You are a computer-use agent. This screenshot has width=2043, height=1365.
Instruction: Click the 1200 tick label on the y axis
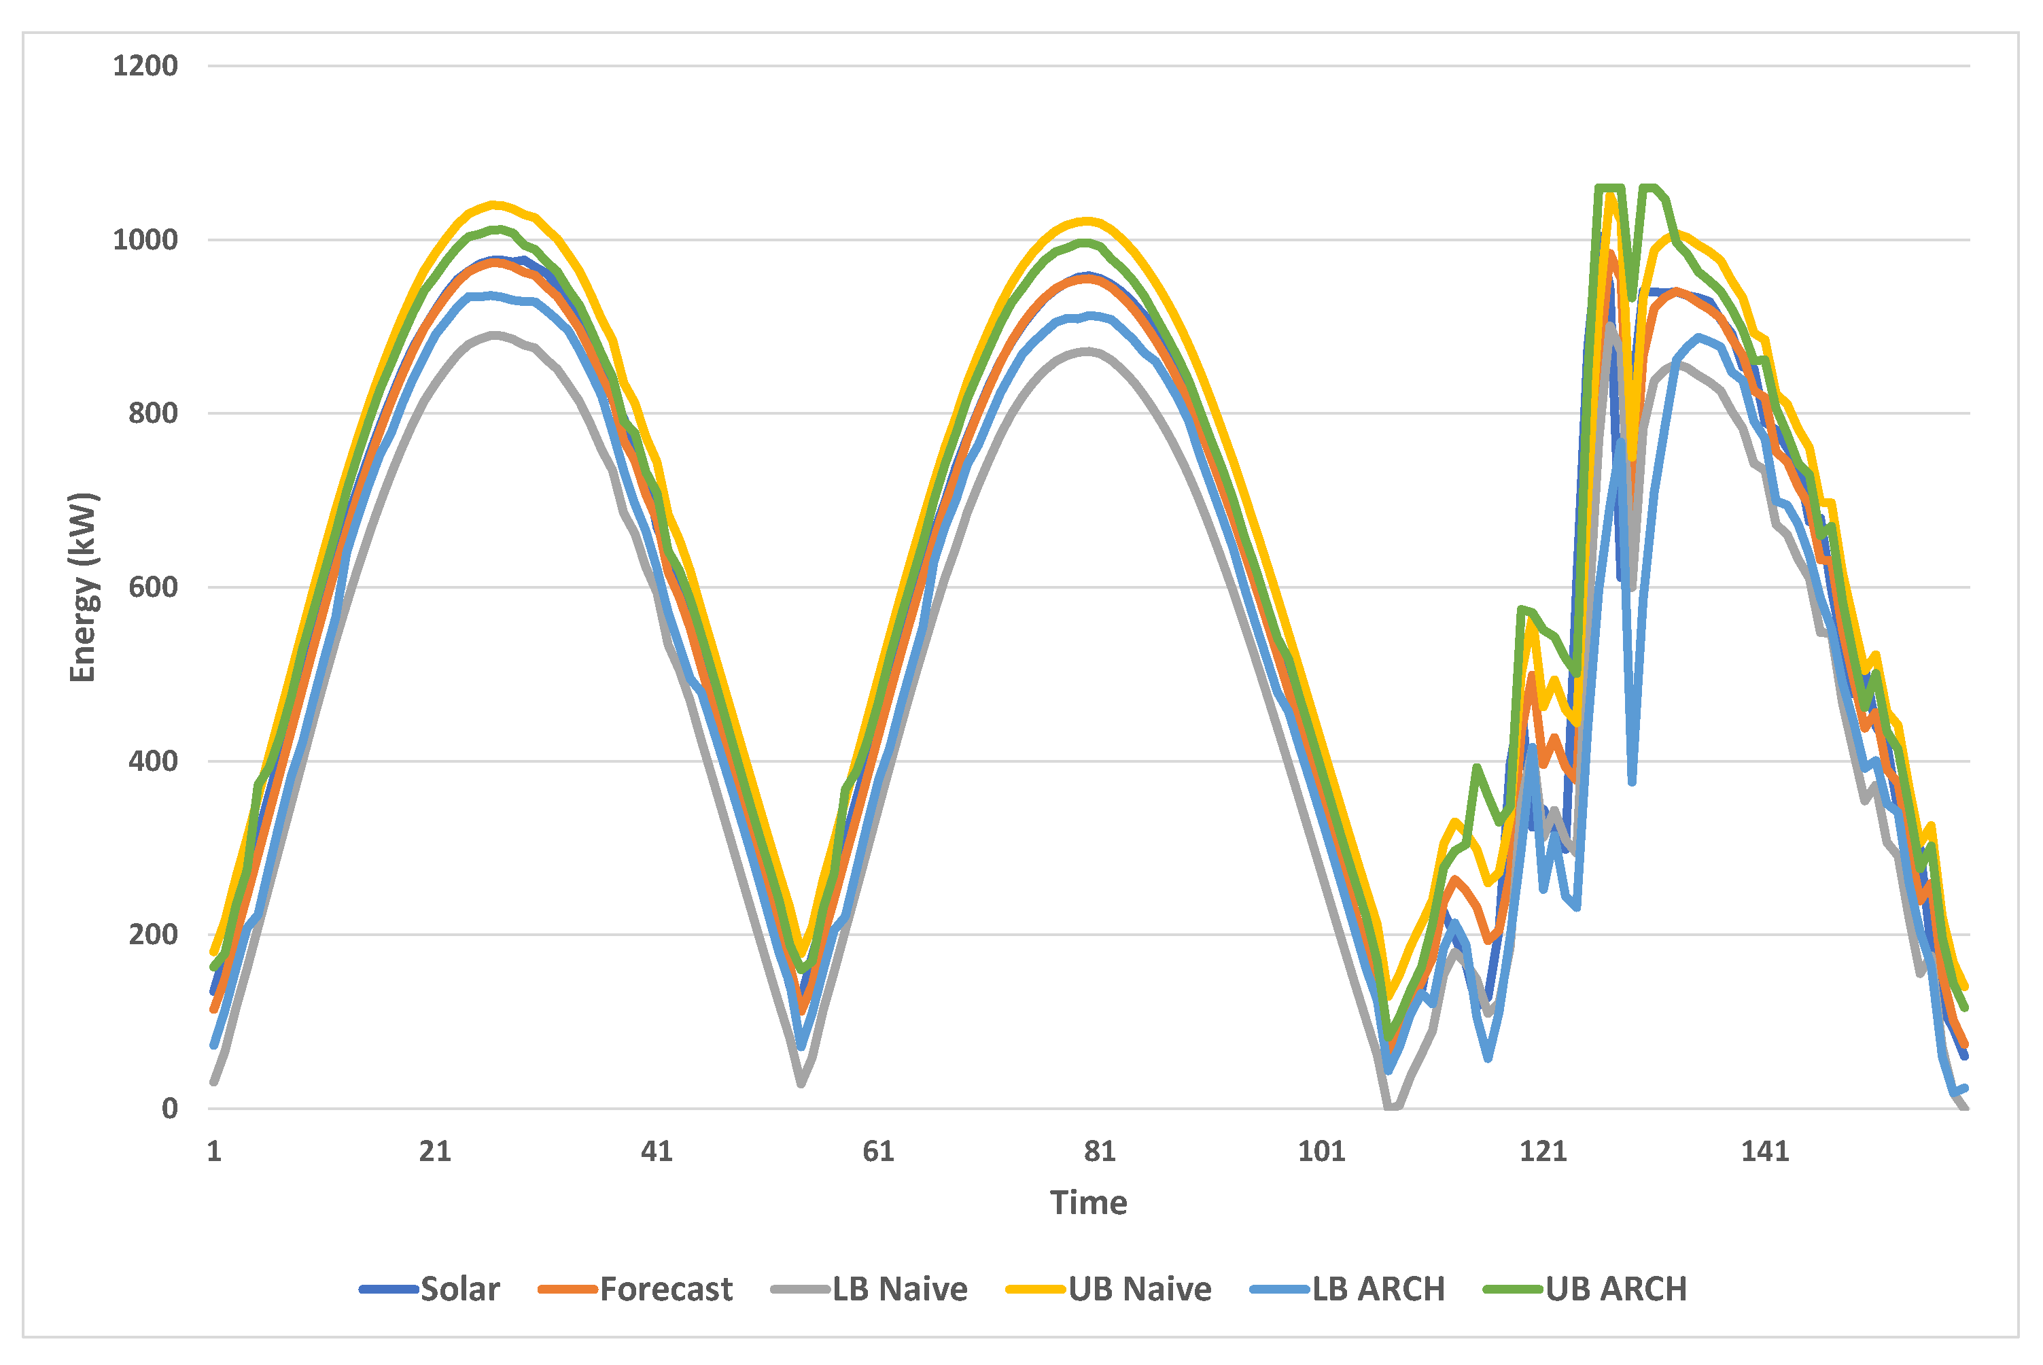coord(145,65)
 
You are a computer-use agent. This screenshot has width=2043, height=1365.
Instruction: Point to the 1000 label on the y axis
coord(145,239)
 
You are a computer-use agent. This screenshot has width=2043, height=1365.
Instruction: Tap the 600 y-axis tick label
coord(153,587)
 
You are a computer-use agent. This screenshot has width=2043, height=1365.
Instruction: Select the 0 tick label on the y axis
coord(170,1108)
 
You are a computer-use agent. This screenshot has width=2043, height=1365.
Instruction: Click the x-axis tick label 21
coord(435,1152)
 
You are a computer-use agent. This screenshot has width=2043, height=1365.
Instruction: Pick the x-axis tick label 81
coord(1100,1152)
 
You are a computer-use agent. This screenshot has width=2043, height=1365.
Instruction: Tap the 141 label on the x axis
coord(1764,1152)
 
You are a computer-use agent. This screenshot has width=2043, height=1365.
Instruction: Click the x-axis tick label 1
coord(214,1152)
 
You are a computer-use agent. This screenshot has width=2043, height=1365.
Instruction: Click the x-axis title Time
coord(1089,1203)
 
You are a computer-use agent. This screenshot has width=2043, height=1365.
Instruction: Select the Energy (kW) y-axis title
coord(83,587)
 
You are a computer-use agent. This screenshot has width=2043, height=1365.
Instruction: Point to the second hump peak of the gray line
coord(1087,351)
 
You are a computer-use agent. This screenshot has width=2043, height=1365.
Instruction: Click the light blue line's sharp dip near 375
coord(1632,781)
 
